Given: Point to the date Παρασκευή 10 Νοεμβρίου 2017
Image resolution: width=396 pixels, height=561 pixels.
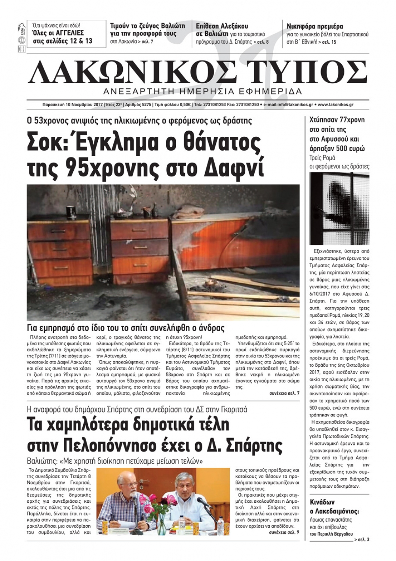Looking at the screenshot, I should coord(72,105).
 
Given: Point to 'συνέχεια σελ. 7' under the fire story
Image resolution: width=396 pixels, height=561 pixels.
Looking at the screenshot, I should coord(284,393).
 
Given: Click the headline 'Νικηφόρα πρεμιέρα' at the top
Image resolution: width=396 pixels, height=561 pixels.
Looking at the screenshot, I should coord(314,27).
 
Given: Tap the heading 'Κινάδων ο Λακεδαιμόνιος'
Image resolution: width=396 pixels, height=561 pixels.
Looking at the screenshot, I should coord(335,507).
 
